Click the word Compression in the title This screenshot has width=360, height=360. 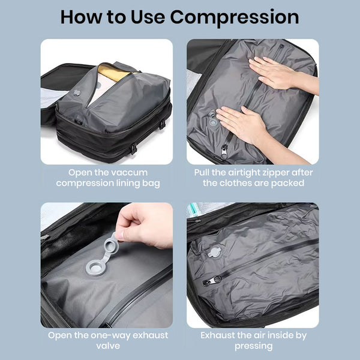235,18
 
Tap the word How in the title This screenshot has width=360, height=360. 82,17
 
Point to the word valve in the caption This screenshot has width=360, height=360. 108,346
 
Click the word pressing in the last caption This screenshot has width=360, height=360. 253,346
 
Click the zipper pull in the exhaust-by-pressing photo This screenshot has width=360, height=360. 211,281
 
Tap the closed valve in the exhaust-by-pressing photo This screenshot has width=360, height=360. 214,252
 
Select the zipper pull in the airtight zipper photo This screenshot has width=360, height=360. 224,151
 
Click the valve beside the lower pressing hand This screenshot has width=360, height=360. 212,119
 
